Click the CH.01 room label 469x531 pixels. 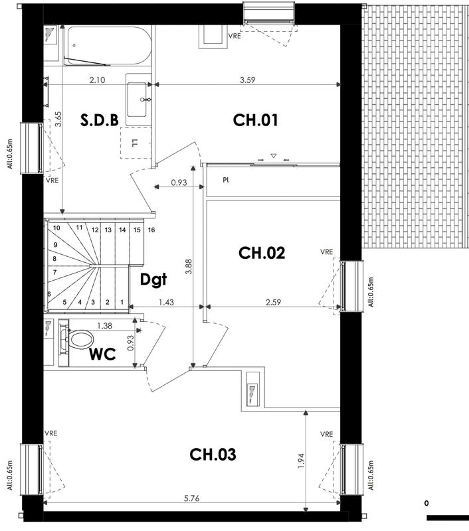tap(255, 120)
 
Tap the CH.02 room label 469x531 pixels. tap(262, 253)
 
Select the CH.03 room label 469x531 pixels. tap(213, 455)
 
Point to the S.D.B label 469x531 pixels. tap(100, 120)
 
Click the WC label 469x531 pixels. tap(103, 354)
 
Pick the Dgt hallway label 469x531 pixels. tap(153, 280)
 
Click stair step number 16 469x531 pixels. tap(151, 230)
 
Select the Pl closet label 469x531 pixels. tap(227, 179)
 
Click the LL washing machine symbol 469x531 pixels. tap(135, 142)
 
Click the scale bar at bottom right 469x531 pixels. tap(448, 517)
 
